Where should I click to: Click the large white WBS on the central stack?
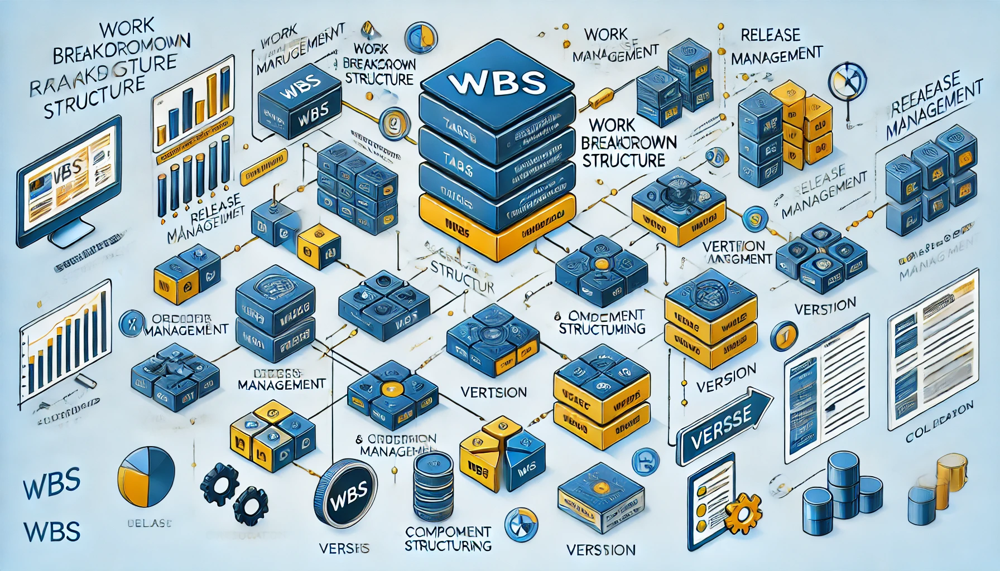click(x=496, y=82)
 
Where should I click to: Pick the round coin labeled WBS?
click(x=346, y=493)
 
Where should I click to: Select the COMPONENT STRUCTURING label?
click(x=448, y=538)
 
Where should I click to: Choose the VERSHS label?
click(x=344, y=548)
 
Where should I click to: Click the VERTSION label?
click(x=494, y=392)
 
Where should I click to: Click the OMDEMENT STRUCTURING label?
click(x=602, y=322)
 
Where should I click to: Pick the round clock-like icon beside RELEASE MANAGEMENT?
click(x=848, y=81)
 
